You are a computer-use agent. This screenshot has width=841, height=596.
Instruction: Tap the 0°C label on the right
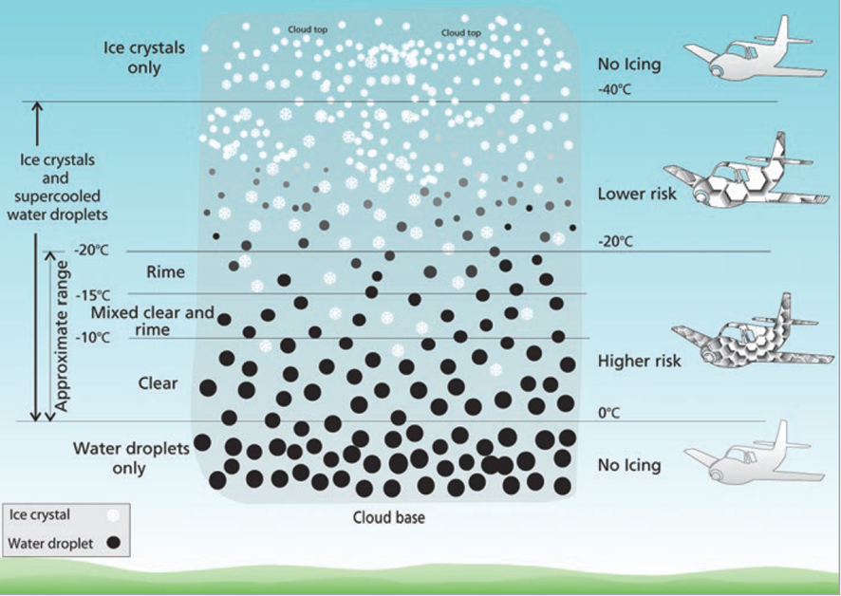click(x=608, y=413)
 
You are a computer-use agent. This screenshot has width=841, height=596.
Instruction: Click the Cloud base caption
click(x=388, y=518)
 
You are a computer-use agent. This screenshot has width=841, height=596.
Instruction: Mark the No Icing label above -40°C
click(x=629, y=65)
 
